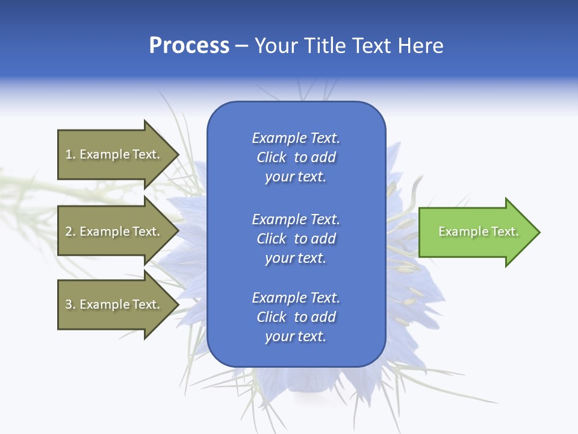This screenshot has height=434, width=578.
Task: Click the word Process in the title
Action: point(189,46)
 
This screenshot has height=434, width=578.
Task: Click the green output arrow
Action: point(476,232)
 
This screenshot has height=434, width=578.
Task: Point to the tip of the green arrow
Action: point(538,232)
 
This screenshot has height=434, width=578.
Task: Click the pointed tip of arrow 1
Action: point(178,154)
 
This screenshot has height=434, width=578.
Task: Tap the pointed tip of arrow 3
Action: point(178,304)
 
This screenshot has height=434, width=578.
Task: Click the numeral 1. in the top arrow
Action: point(70,154)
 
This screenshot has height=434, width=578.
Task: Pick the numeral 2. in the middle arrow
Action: point(70,231)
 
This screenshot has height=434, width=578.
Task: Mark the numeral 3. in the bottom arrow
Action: point(70,304)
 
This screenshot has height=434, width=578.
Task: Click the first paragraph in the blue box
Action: point(296,157)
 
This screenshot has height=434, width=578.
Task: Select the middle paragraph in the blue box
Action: point(296,239)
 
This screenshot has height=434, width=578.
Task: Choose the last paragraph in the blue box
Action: point(296,317)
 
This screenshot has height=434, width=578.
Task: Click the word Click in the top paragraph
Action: point(271,157)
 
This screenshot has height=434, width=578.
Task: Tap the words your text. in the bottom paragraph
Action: point(296,336)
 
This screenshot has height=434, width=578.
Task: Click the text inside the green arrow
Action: point(478,231)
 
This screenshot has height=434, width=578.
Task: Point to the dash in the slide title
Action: point(241,46)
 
